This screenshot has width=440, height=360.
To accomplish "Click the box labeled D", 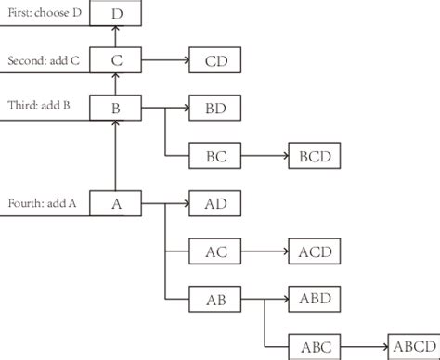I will coord(115,14).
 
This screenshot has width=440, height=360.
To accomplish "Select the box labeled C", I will coord(115,62).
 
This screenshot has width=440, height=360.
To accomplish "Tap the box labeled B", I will coord(115,109).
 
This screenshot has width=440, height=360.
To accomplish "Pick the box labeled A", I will coord(115,203).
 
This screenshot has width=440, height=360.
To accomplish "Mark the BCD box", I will coord(315,156).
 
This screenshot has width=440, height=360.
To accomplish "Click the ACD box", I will coord(315,251).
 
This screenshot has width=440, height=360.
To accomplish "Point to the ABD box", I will coord(315,299).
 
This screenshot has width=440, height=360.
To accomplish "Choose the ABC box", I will coord(315,346).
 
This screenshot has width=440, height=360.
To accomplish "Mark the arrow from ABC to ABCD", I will coord(366,346).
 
